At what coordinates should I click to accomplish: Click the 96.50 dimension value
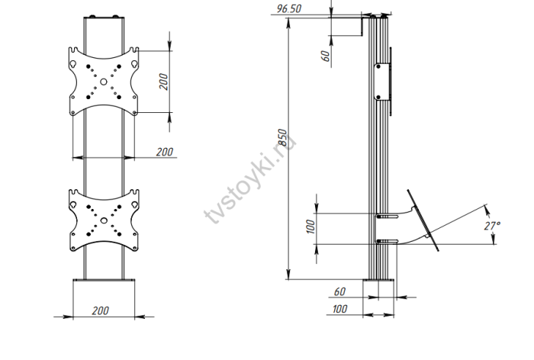point(289,8)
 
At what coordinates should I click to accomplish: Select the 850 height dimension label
point(283,137)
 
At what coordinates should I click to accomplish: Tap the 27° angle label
point(492,226)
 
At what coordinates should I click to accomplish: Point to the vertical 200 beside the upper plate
point(164,82)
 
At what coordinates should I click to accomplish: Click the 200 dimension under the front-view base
point(101,310)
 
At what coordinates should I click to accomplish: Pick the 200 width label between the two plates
point(165,152)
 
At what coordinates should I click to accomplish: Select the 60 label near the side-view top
point(326,56)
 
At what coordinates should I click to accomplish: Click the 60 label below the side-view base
point(340,291)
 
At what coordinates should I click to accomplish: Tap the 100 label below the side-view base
point(340,309)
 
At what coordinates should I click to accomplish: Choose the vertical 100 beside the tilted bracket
point(311,227)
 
